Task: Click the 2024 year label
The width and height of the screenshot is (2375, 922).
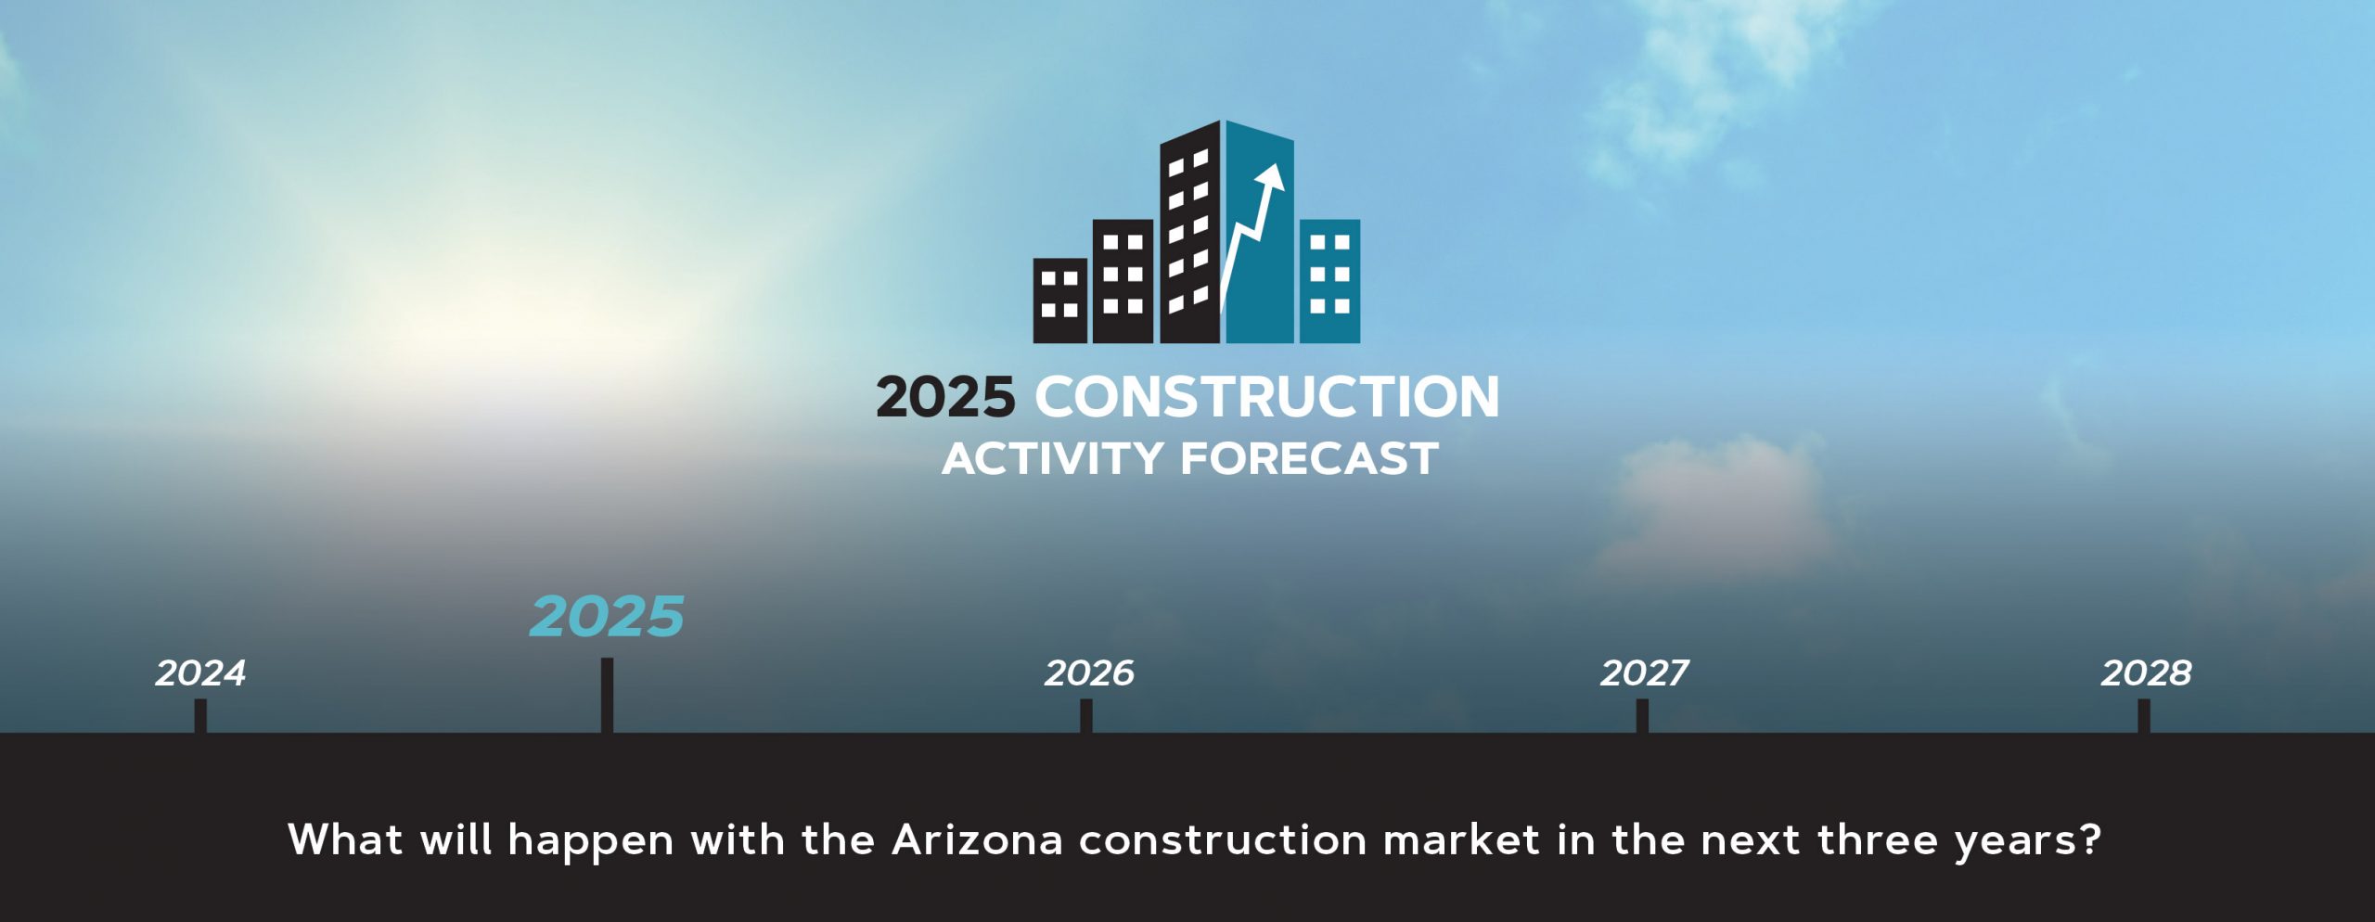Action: click(x=200, y=673)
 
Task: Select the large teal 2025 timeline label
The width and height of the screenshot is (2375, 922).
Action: click(x=607, y=617)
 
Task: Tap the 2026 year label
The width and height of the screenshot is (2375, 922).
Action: click(x=1089, y=673)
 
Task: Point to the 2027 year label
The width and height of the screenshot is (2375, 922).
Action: click(x=1644, y=673)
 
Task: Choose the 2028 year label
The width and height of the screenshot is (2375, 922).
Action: click(x=2146, y=673)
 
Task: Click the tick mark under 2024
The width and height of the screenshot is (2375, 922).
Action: click(x=200, y=716)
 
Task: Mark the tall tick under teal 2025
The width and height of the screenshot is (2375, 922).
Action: click(x=607, y=696)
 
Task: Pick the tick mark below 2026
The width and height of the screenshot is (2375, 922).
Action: click(x=1086, y=716)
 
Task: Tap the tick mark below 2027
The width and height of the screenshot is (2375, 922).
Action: click(x=1642, y=716)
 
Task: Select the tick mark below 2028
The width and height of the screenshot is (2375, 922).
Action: click(x=2143, y=716)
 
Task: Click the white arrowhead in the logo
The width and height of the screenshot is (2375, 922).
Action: click(x=1272, y=178)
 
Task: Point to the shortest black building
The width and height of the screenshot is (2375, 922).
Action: click(x=1060, y=301)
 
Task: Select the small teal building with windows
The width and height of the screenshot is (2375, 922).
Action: click(x=1329, y=281)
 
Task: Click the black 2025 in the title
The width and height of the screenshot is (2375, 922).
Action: click(x=945, y=397)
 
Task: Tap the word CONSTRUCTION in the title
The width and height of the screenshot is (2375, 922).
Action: click(x=1267, y=397)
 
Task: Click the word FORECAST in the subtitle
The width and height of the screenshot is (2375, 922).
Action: click(x=1309, y=459)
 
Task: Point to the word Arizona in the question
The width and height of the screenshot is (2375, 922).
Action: click(x=978, y=840)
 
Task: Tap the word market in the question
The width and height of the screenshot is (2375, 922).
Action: click(x=1461, y=840)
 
